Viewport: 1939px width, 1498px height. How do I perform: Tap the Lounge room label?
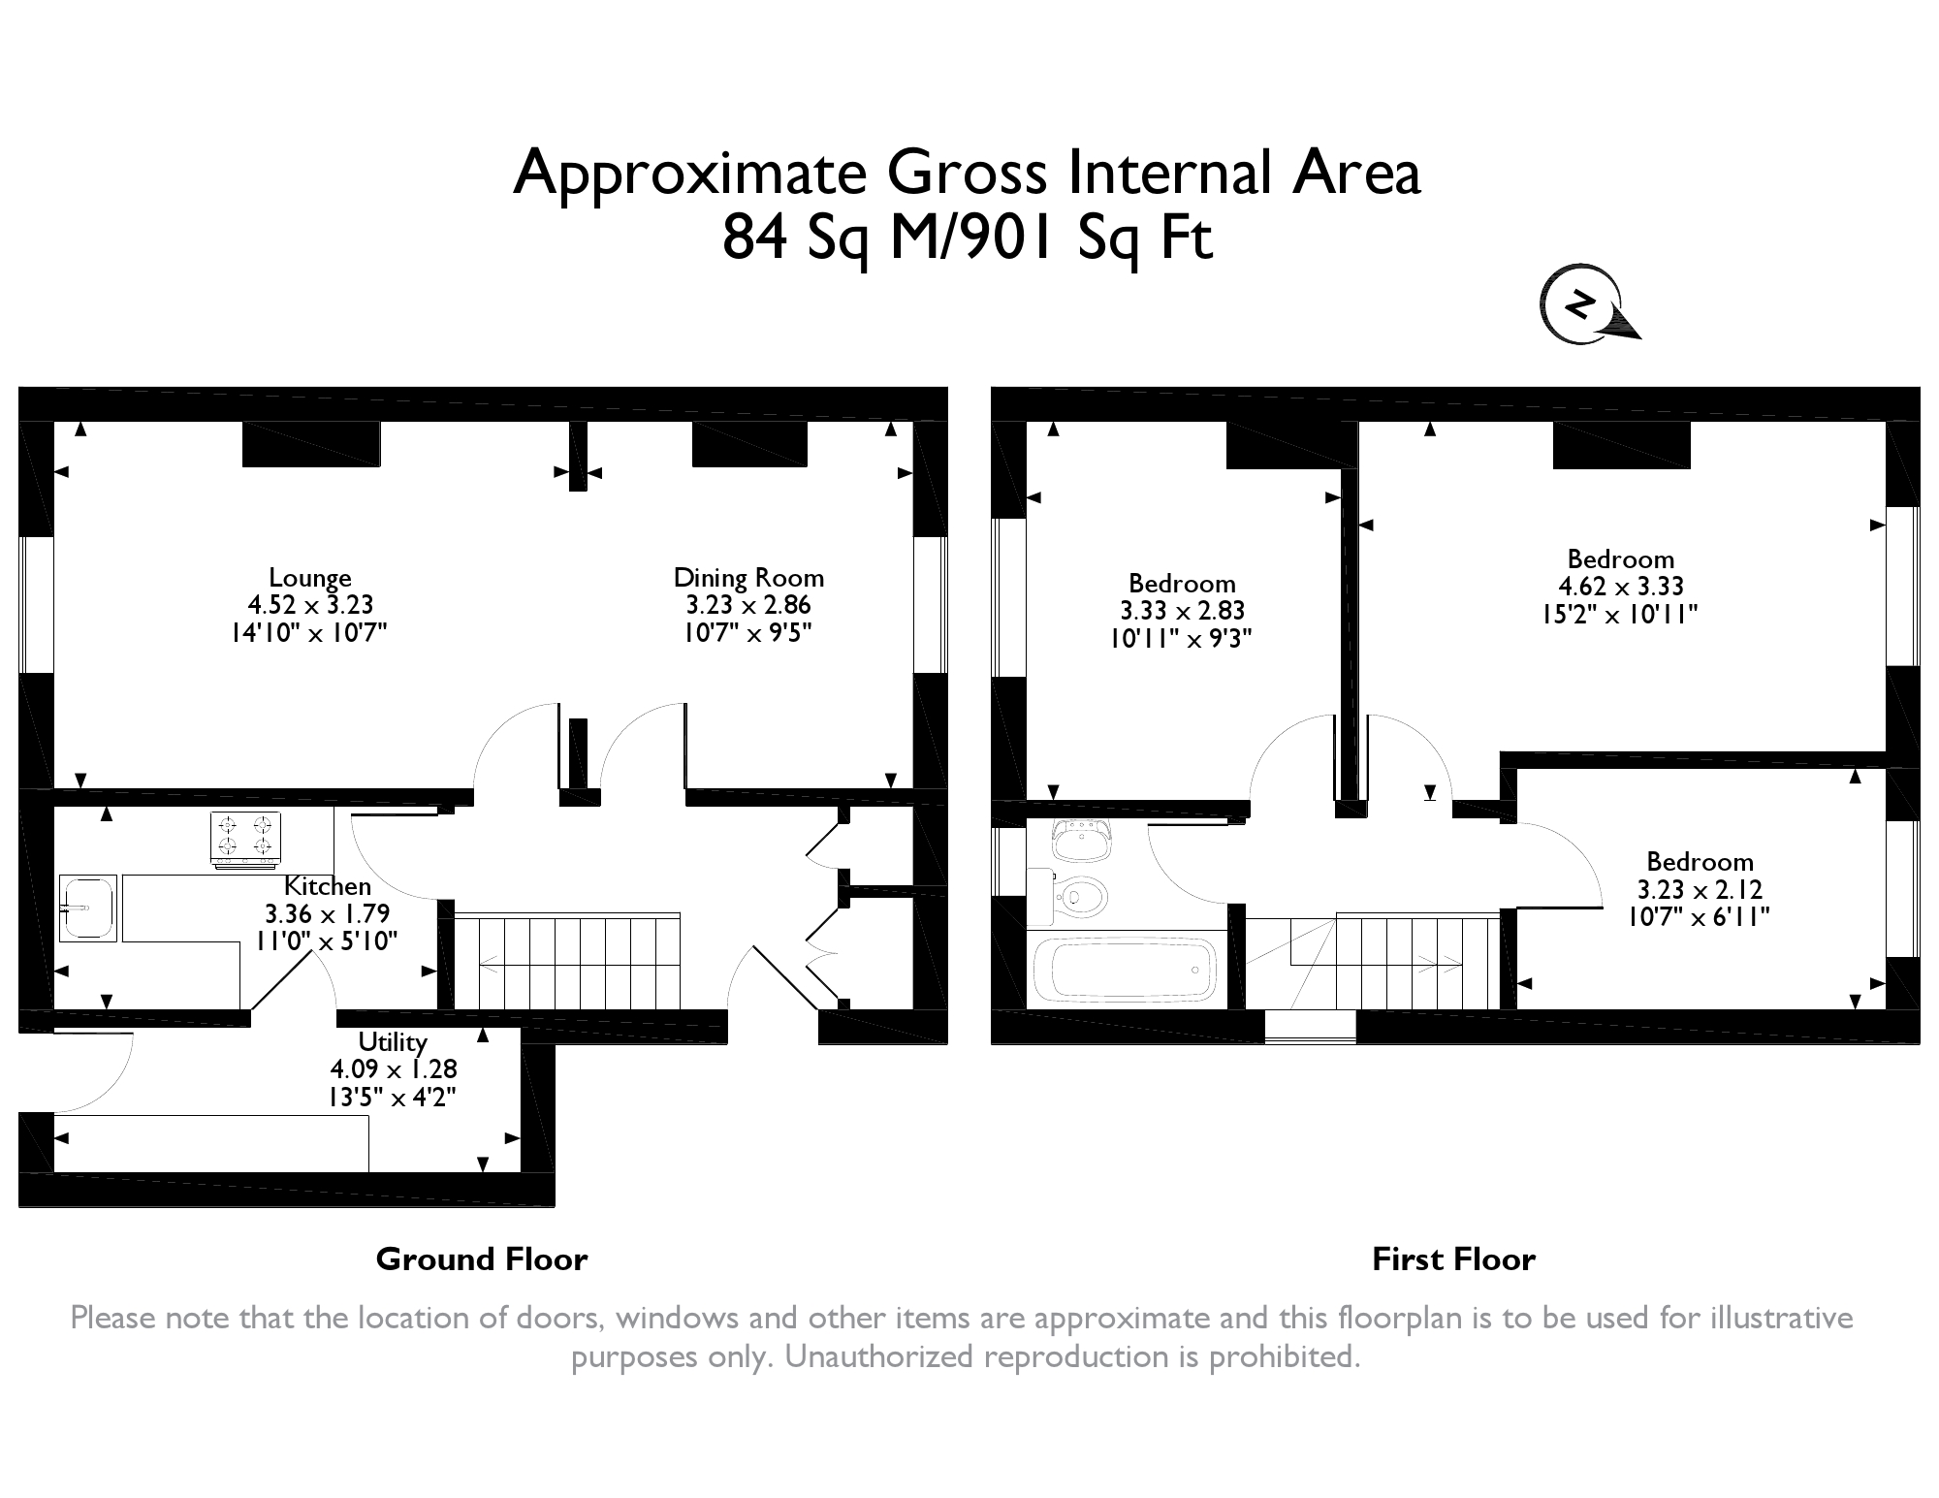pyautogui.click(x=309, y=578)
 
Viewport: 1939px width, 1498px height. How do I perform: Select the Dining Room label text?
pyautogui.click(x=748, y=578)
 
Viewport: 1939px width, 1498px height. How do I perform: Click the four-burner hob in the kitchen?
pyautogui.click(x=245, y=838)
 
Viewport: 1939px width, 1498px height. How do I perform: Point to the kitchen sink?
pyautogui.click(x=87, y=908)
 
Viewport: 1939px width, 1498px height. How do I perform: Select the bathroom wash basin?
pyautogui.click(x=1081, y=840)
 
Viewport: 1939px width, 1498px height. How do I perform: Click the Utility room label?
pyautogui.click(x=393, y=1041)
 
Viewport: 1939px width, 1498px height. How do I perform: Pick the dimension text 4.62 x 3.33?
pyautogui.click(x=1620, y=587)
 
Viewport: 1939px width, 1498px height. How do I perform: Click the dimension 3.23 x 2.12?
pyautogui.click(x=1700, y=889)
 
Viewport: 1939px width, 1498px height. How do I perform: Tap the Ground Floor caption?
pyautogui.click(x=481, y=1259)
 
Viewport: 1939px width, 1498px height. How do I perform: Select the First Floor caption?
pyautogui.click(x=1453, y=1259)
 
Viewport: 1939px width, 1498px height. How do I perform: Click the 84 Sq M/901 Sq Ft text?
pyautogui.click(x=967, y=239)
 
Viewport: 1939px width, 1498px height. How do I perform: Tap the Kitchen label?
pyautogui.click(x=327, y=886)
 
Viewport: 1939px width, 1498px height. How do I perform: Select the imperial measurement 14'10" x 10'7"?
pyautogui.click(x=309, y=633)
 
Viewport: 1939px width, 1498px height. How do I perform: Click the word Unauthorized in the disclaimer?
pyautogui.click(x=879, y=1356)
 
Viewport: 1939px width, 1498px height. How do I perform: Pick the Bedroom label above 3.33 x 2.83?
pyautogui.click(x=1182, y=584)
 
